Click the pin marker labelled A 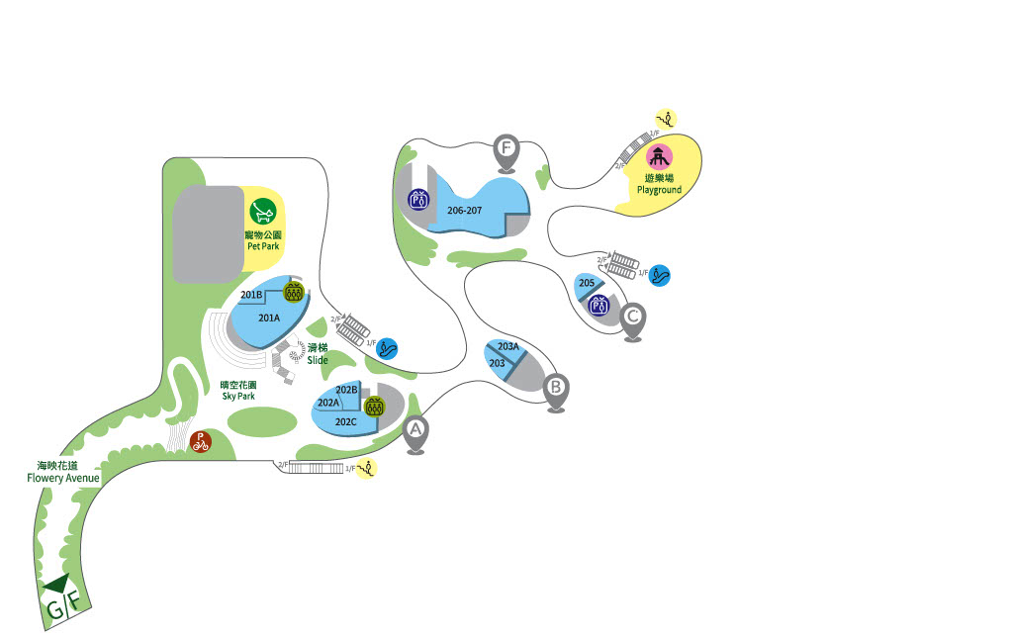tap(415, 430)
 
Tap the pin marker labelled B tap(556, 387)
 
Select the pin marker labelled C tap(633, 318)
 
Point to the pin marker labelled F tap(506, 149)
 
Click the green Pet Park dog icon tap(262, 211)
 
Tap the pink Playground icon tap(660, 156)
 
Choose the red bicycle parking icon tap(201, 440)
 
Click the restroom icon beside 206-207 tap(418, 199)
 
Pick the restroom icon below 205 tap(598, 306)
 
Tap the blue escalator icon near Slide tap(387, 348)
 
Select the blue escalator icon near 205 tap(660, 275)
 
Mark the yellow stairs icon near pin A tap(367, 468)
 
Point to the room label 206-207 tap(464, 211)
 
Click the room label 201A tap(269, 318)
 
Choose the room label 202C tap(345, 421)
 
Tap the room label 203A tap(508, 346)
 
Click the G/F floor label tap(61, 605)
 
